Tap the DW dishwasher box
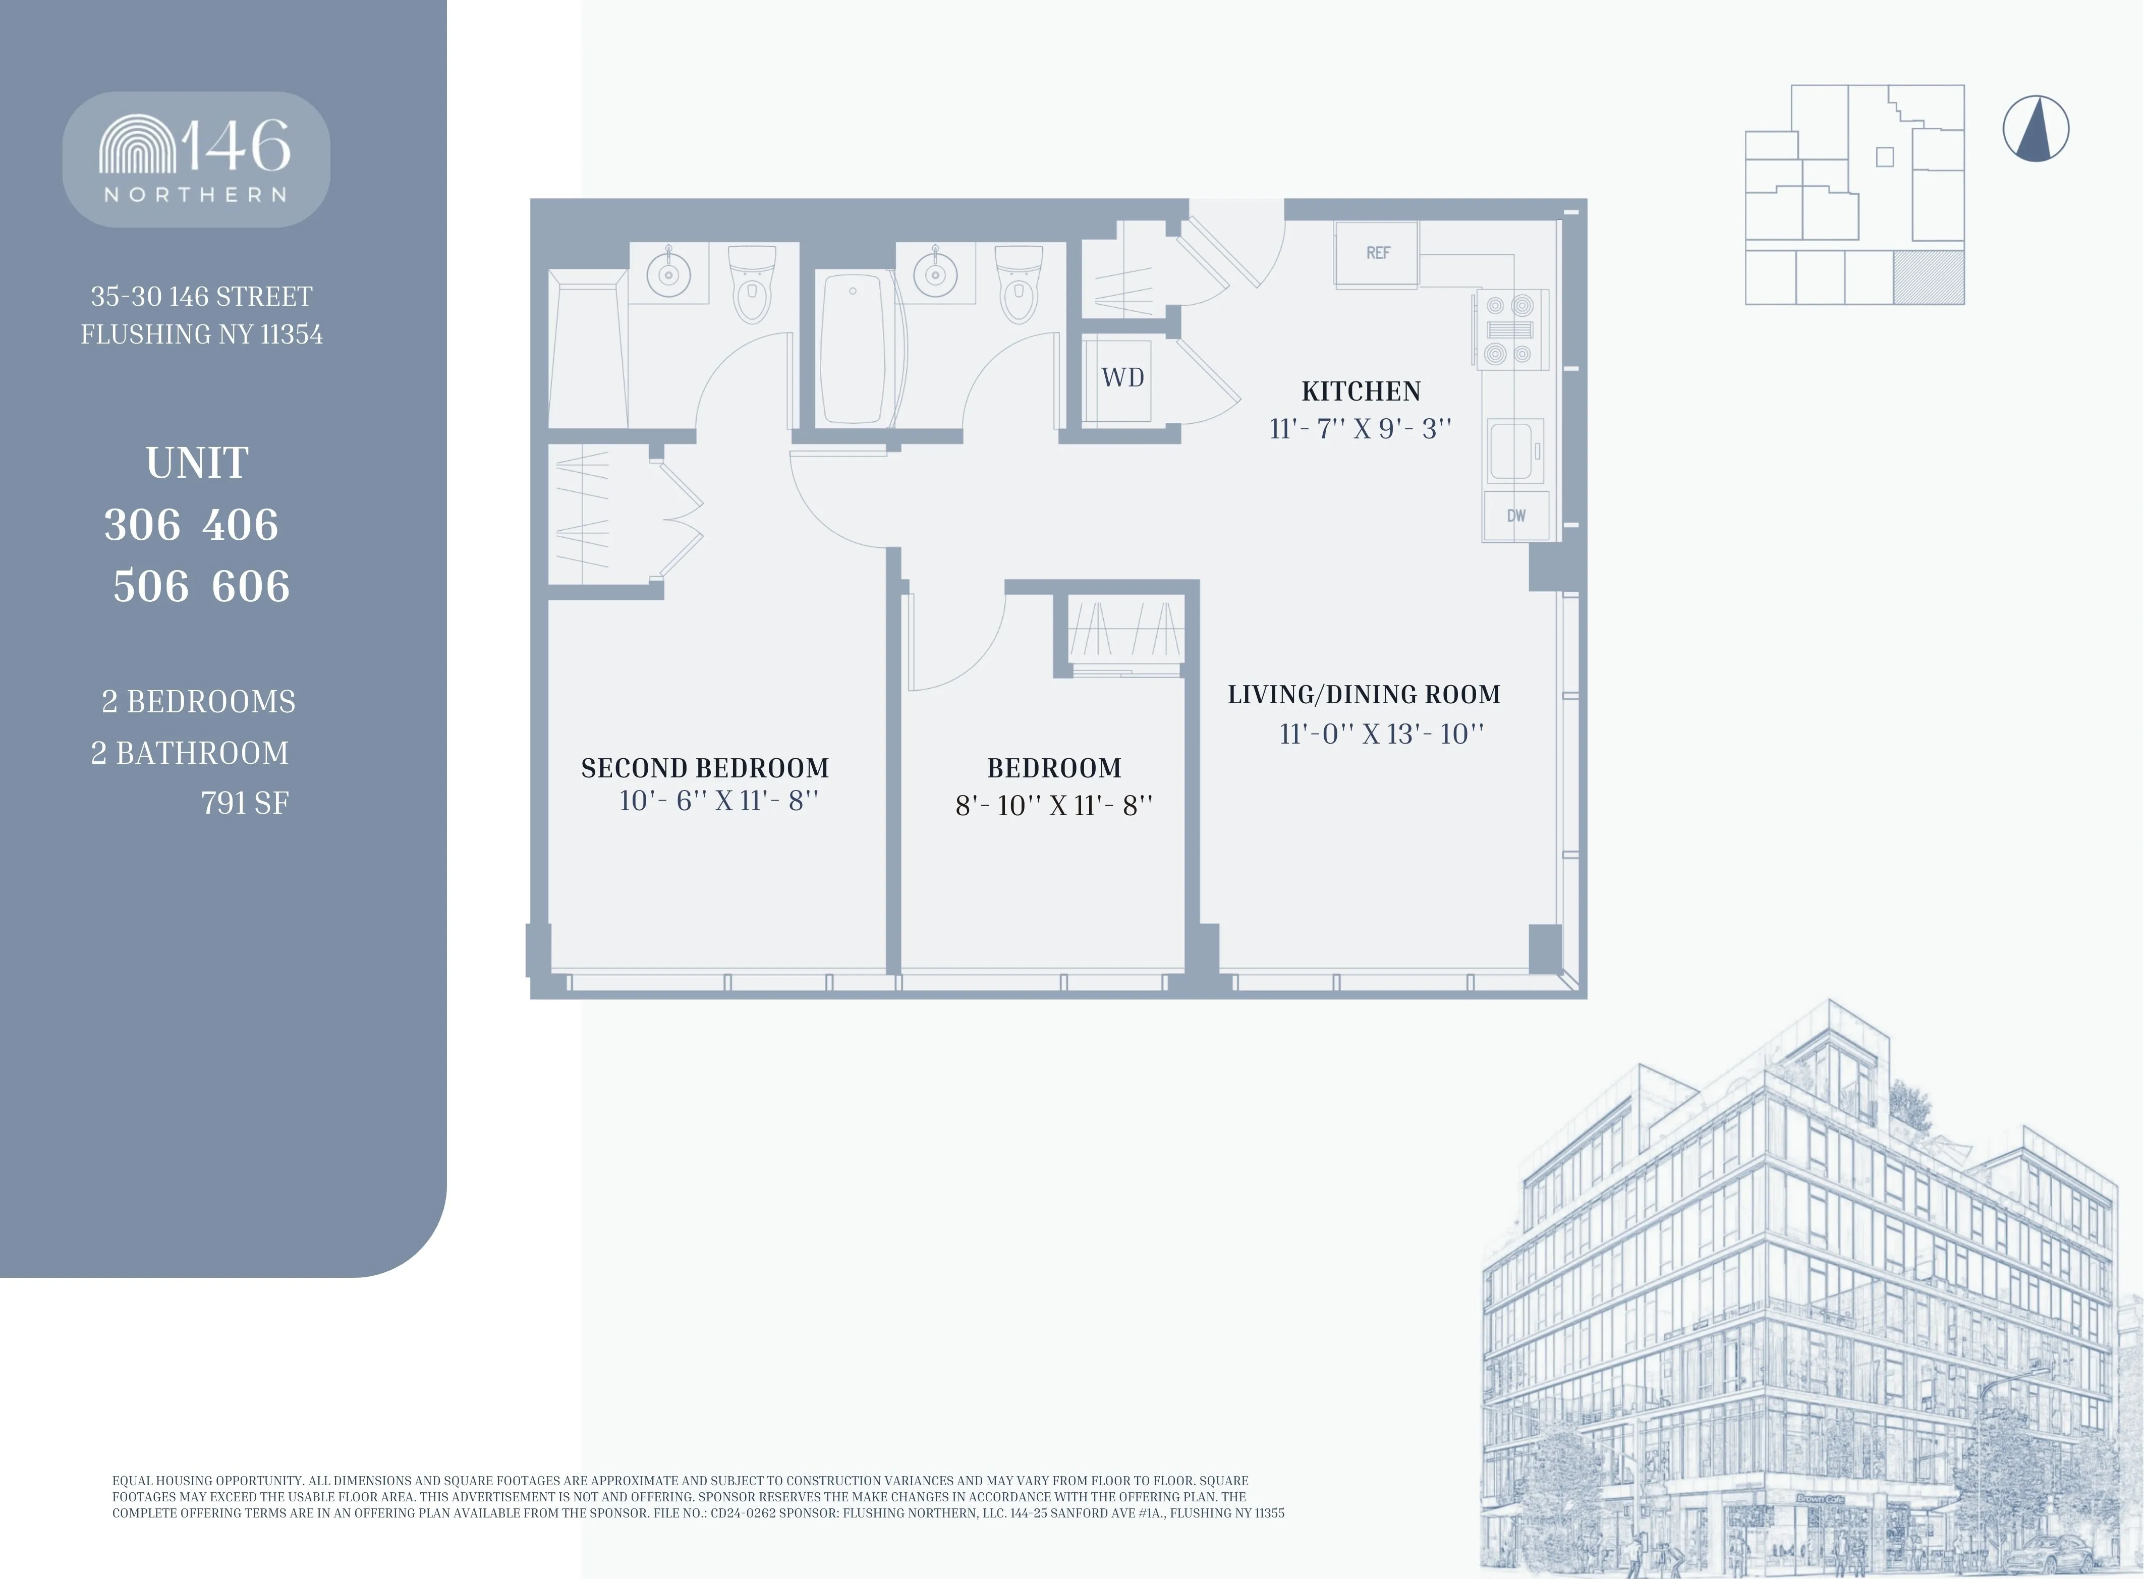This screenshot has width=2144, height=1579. (x=1516, y=516)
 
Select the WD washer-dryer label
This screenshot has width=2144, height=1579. (x=1122, y=377)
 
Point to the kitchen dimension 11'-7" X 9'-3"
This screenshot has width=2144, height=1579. (x=1360, y=429)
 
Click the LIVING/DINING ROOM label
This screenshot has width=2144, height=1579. (x=1364, y=695)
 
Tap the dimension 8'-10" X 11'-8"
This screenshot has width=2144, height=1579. (x=1053, y=806)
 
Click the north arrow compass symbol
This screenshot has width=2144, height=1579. (x=2036, y=129)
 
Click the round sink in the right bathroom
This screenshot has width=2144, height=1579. (x=935, y=275)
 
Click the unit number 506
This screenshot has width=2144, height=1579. (x=151, y=586)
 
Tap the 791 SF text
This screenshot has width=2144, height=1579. (x=245, y=803)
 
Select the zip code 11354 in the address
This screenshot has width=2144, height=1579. (x=292, y=334)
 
